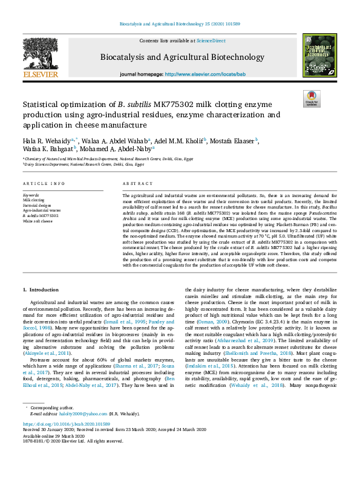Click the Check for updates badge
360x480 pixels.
pyautogui.click(x=311, y=99)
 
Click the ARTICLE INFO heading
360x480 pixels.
pyautogui.click(x=44, y=183)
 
